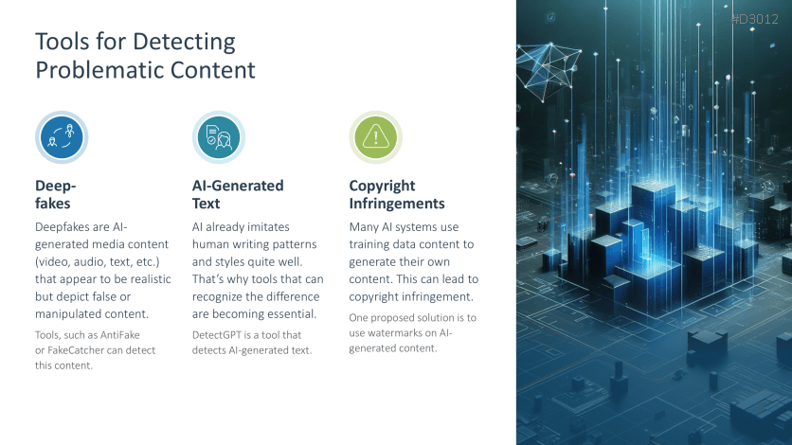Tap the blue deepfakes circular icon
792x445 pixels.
62,137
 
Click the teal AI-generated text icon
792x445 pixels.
219,137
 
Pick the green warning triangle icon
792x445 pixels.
376,137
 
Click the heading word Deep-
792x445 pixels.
56,186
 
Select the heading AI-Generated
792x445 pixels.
238,186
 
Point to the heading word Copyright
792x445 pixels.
382,187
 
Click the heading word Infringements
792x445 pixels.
397,204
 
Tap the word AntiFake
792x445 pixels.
119,335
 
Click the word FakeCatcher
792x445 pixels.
75,350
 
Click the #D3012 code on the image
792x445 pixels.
755,19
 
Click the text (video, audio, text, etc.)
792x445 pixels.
98,262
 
